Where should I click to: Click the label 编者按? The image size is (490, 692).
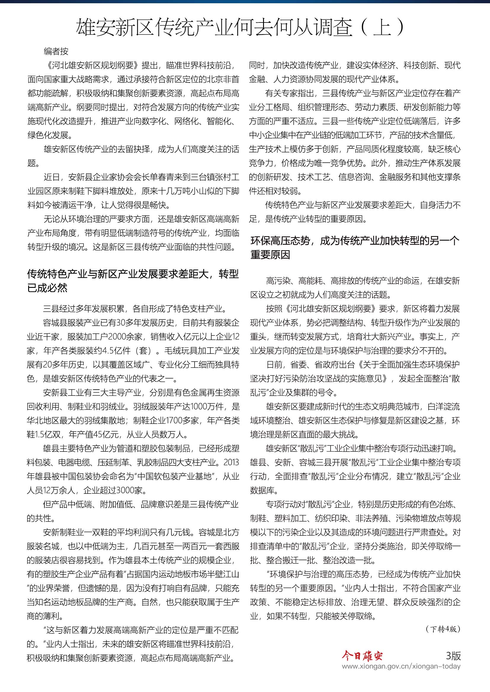tap(56, 51)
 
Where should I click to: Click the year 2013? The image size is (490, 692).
tap(231, 462)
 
